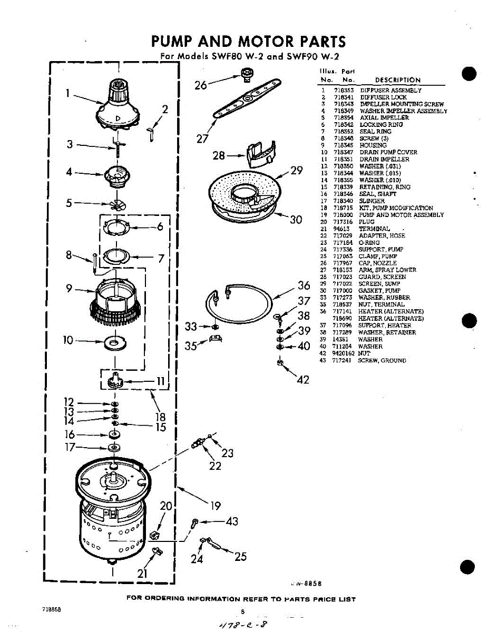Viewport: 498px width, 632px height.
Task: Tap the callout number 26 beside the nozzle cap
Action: (x=201, y=84)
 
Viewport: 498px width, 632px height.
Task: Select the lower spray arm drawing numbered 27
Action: (x=247, y=98)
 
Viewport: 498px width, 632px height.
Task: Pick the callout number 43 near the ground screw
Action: (x=232, y=521)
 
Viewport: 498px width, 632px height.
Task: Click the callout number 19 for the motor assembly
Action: (x=216, y=506)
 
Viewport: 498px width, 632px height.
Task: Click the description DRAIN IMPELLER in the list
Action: (x=384, y=159)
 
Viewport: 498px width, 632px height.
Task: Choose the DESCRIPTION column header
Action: (x=397, y=80)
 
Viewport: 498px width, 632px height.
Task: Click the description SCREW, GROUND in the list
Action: (x=382, y=360)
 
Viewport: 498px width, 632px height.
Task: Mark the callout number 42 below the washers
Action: (x=303, y=379)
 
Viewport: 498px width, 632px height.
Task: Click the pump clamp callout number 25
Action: (x=240, y=556)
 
